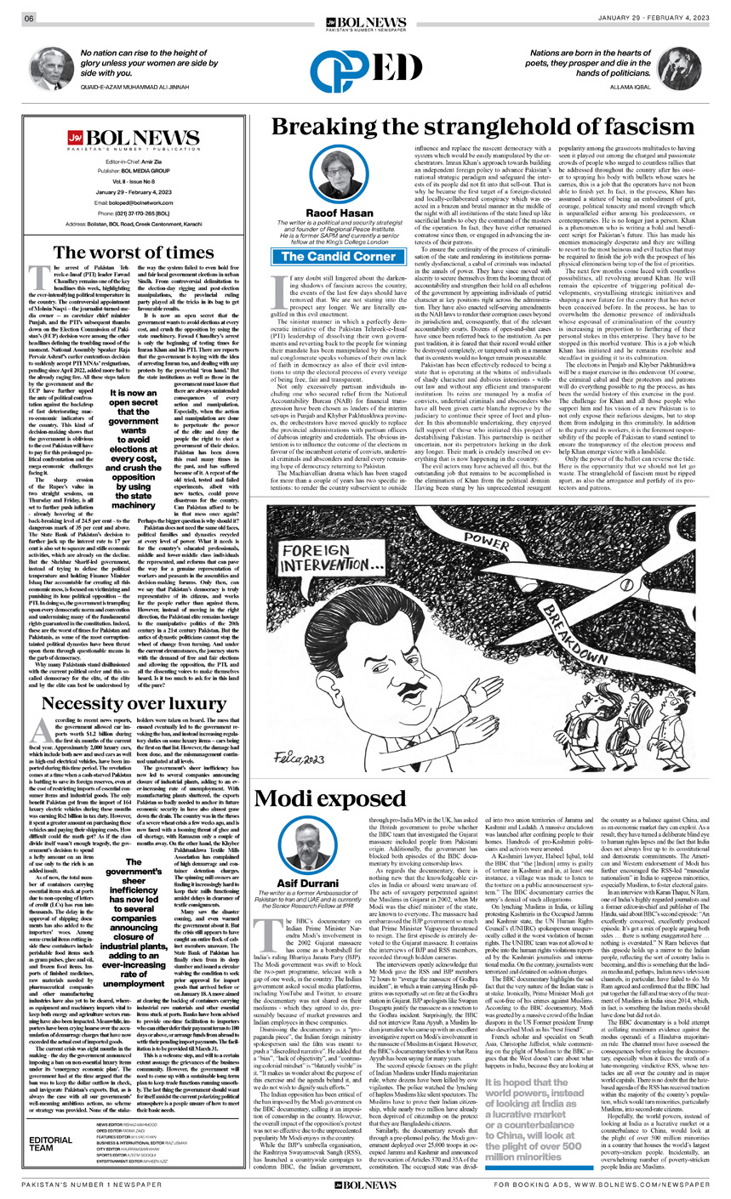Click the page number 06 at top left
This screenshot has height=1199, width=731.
click(29, 19)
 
